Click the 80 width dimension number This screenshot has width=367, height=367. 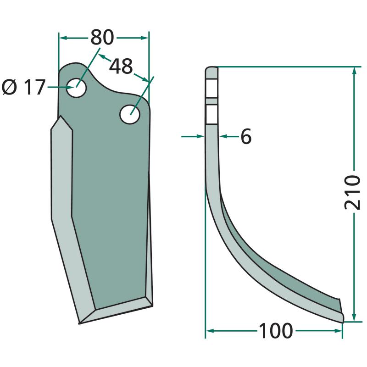click(102, 37)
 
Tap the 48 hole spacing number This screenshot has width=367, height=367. click(121, 66)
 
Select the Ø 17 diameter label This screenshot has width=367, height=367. click(23, 87)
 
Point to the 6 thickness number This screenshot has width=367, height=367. click(246, 136)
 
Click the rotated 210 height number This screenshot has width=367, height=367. click(352, 192)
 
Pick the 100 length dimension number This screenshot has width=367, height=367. click(276, 330)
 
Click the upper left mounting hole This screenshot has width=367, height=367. click(76, 88)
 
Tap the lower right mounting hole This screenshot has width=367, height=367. click(130, 114)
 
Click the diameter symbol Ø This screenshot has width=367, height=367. click(10, 88)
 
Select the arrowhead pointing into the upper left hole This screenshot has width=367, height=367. click(71, 87)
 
